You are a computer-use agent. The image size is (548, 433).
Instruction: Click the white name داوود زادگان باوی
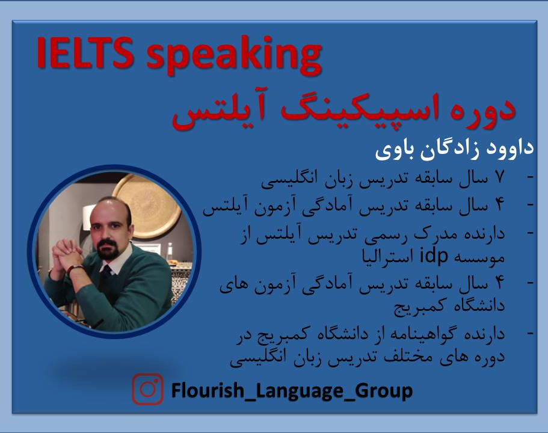pos(455,149)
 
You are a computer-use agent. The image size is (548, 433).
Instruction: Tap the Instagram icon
pos(148,390)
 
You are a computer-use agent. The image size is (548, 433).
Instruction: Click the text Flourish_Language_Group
pos(292,390)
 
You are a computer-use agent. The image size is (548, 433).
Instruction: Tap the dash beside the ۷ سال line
pos(530,178)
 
